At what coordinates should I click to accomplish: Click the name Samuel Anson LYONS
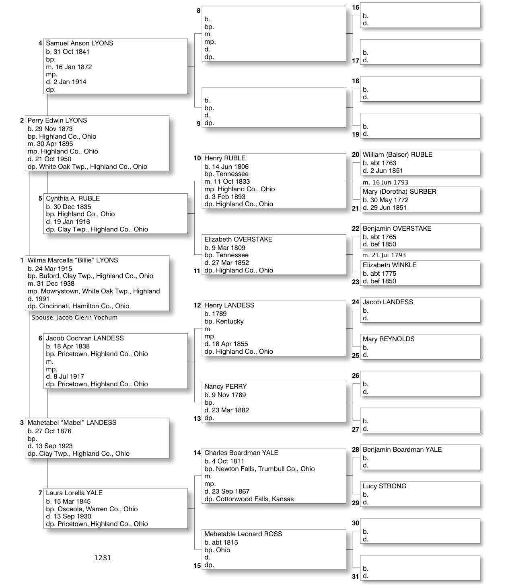[79, 43]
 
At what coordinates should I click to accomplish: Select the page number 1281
[103, 558]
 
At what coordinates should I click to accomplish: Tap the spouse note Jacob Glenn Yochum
[75, 318]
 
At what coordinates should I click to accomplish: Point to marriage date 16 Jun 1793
[385, 182]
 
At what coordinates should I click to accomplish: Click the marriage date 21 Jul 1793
[384, 255]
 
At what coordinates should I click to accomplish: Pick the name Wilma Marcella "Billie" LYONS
[73, 260]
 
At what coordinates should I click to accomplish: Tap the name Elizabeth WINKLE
[389, 265]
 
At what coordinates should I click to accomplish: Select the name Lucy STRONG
[384, 486]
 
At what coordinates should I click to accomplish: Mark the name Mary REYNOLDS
[388, 339]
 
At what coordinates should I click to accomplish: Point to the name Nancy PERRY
[225, 387]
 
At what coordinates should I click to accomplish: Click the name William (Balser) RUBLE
[397, 155]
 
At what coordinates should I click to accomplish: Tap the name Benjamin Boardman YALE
[402, 450]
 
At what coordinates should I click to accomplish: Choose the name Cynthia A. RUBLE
[73, 199]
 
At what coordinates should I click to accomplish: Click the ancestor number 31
[355, 576]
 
